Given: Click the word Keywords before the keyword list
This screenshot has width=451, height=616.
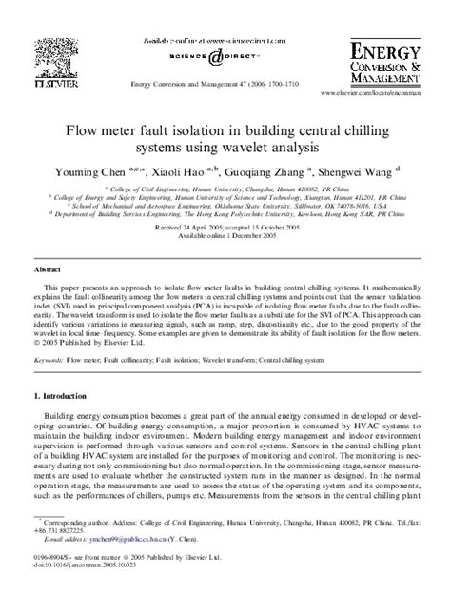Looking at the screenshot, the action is point(48,362).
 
